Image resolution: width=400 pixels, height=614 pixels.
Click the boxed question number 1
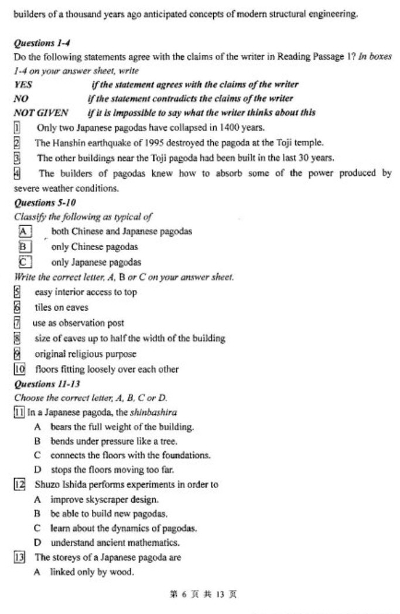tap(17, 127)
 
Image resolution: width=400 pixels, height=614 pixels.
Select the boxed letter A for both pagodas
tap(24, 231)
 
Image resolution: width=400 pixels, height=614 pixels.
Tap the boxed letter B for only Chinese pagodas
tap(24, 247)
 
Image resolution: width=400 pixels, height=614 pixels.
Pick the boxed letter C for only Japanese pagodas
tap(24, 262)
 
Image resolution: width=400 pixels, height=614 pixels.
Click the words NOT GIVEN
tap(40, 112)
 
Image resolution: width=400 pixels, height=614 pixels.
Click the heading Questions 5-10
tap(40, 203)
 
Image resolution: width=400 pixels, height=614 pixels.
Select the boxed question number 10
tap(19, 369)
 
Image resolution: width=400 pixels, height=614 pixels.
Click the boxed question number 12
tap(19, 485)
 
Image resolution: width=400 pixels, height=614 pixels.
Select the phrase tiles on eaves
tap(61, 308)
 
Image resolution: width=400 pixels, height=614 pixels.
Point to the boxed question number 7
tap(17, 323)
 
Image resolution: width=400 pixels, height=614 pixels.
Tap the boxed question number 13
tap(19, 558)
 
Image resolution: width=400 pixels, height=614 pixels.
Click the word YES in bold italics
tap(23, 84)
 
